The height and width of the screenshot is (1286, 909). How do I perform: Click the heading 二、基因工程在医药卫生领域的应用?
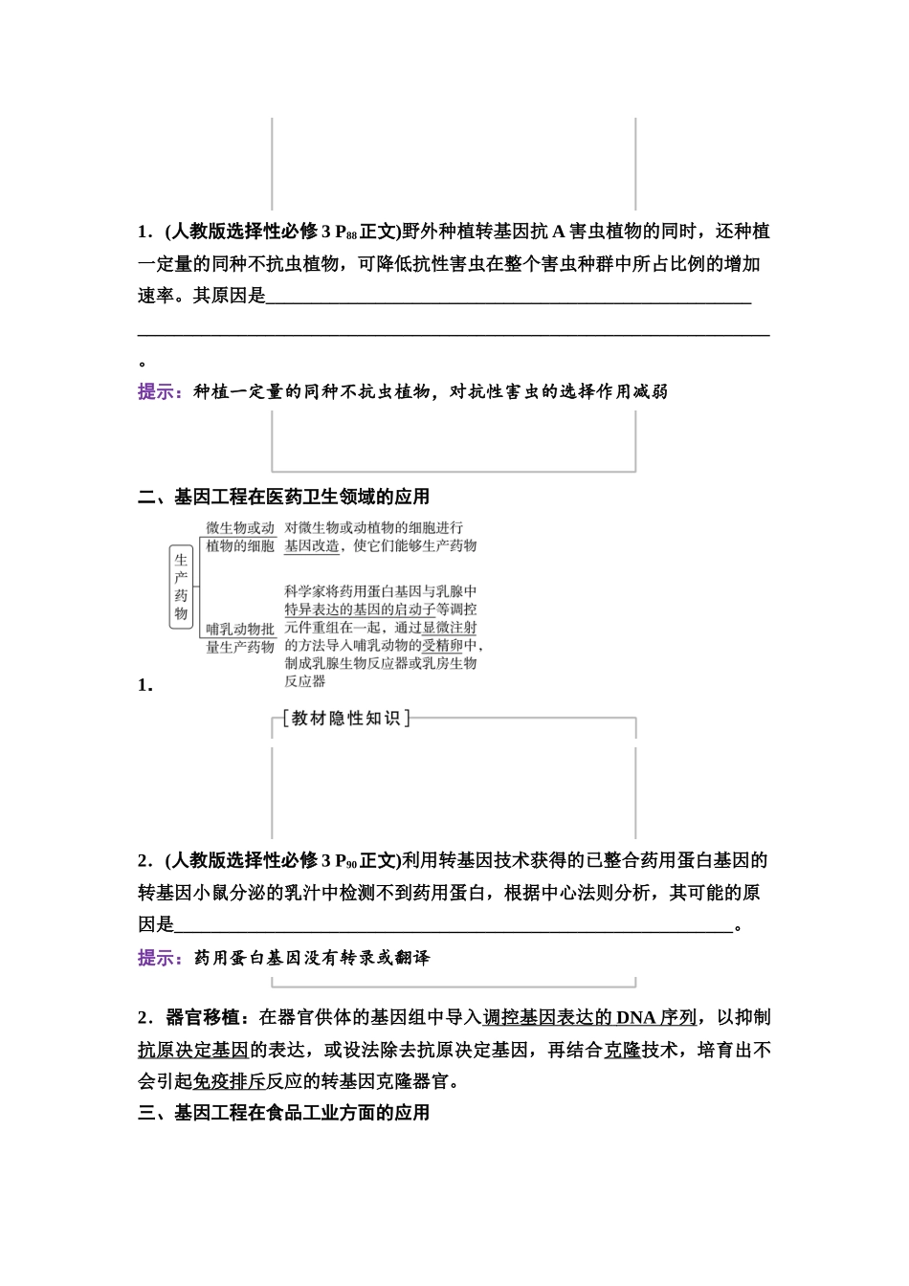[284, 497]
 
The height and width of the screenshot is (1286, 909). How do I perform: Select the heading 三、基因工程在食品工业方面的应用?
[284, 1113]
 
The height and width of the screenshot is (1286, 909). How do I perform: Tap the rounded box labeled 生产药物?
[181, 588]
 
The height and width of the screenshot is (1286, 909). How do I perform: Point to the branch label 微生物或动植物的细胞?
[240, 537]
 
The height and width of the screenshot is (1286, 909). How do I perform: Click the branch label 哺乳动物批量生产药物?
[240, 638]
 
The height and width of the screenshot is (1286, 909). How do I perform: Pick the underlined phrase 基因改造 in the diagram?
[312, 546]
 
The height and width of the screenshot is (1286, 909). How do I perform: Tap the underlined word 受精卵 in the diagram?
[442, 646]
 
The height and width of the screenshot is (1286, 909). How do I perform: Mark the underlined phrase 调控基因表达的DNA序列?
[590, 1017]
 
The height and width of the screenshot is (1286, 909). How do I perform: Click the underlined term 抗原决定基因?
[193, 1050]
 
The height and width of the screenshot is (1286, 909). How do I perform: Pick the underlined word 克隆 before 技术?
[622, 1050]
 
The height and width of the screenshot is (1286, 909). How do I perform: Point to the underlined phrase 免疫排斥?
[230, 1082]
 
